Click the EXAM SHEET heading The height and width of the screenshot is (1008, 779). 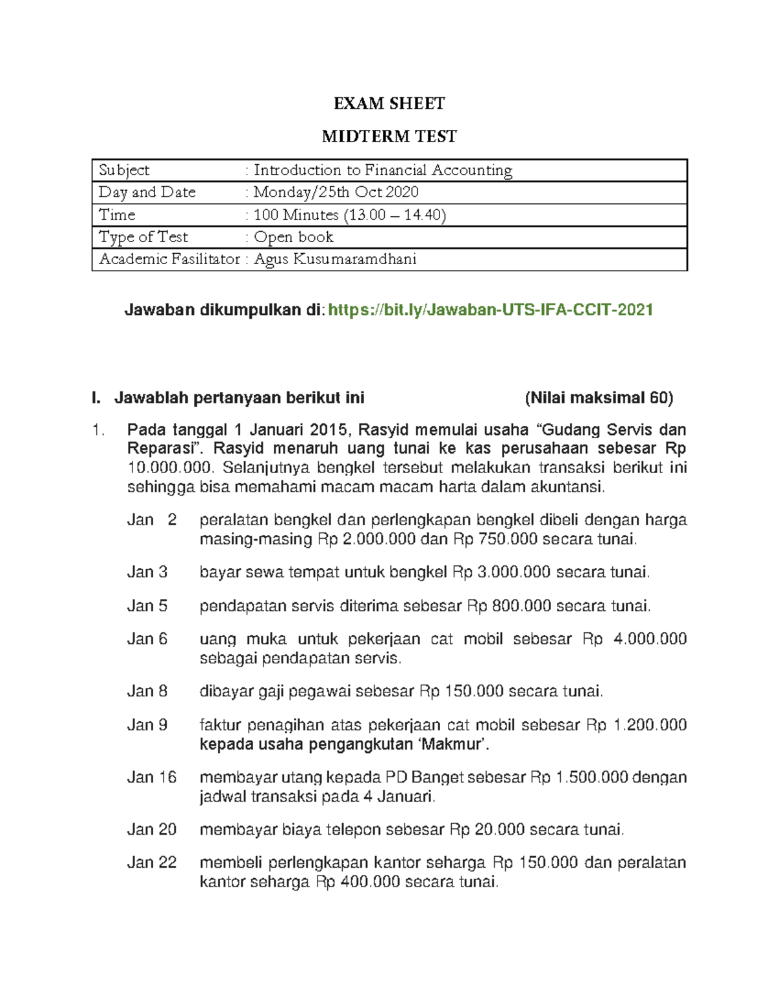[x=389, y=104]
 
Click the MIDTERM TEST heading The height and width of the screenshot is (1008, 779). [x=389, y=136]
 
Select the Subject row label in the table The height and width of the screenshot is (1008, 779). [x=124, y=170]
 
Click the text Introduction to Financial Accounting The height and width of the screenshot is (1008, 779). [x=383, y=170]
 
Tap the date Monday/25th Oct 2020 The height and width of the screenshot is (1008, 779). [x=336, y=192]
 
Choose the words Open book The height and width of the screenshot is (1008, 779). [x=293, y=237]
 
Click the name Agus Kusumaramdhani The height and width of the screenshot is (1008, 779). [x=335, y=260]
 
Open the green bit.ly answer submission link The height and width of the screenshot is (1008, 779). [x=490, y=310]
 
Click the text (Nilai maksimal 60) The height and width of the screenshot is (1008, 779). [x=599, y=398]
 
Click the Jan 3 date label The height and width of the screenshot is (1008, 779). [x=147, y=572]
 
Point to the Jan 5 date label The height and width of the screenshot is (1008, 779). [x=147, y=606]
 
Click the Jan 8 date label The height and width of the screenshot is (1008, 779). [x=147, y=691]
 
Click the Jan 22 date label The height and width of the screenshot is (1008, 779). [x=152, y=863]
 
